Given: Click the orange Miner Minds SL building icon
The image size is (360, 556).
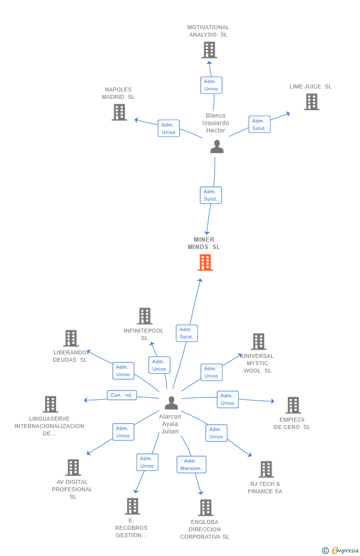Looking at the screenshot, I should point(205,262).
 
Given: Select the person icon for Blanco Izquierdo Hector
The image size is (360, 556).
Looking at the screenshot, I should point(217,147).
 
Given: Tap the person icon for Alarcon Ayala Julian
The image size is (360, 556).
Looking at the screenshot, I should point(171,403).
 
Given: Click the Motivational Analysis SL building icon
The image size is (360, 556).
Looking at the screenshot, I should point(209,50).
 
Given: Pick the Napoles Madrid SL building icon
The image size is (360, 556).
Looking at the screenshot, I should point(119,112).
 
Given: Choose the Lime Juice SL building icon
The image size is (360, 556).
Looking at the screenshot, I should point(311,102).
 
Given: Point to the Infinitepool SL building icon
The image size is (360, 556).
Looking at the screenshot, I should point(144,316).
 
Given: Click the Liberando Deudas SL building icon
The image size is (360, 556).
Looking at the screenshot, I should point(71,339).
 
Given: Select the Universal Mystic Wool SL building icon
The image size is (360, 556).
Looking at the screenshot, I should point(258,342).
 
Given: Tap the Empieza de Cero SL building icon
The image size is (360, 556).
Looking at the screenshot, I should point(293,405).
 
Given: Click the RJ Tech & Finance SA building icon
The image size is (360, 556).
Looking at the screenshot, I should point(266,470).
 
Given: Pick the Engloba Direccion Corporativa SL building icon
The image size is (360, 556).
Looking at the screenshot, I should point(205,508).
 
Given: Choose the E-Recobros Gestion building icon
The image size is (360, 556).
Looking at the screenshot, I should point(132,507).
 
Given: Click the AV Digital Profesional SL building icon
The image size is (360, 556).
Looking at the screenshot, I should point(73,468).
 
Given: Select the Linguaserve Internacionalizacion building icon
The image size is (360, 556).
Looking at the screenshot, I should point(50,404).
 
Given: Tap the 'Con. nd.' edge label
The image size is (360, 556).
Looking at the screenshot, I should point(122,395).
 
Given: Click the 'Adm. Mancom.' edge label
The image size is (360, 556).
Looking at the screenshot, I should point(191,465).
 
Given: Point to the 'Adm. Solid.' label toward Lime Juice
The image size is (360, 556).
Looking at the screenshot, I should point(259,125).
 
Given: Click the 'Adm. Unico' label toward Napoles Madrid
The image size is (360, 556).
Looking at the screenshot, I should point(169,128).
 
